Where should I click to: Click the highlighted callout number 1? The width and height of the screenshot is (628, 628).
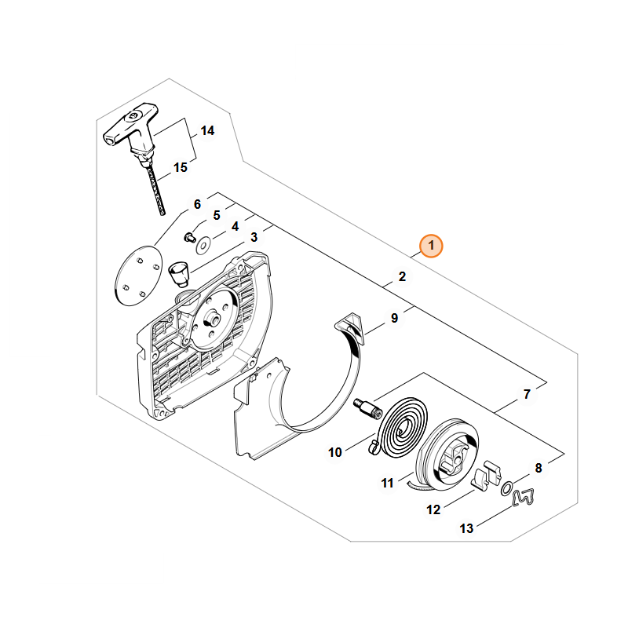[431, 246]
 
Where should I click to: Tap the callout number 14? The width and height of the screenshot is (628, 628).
[207, 130]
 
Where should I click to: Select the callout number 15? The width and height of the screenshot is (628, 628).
[181, 167]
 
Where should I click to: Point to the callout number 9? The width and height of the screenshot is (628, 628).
[395, 318]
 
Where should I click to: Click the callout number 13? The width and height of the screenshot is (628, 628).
[466, 528]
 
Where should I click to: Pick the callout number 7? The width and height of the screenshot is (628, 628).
[527, 394]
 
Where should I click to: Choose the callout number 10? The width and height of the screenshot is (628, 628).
[335, 452]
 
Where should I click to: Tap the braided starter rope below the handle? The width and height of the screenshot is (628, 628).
[155, 188]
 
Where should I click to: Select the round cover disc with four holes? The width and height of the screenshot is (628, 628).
[139, 276]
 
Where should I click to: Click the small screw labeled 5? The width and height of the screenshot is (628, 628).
[189, 237]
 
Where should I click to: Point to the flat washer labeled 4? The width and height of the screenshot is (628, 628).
[203, 245]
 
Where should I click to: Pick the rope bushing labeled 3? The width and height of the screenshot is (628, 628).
[179, 273]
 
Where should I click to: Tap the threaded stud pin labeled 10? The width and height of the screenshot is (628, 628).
[367, 408]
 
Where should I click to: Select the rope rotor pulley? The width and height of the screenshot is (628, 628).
[447, 454]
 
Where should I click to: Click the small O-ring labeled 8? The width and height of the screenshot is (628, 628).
[506, 488]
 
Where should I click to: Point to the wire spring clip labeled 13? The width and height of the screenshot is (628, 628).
[523, 498]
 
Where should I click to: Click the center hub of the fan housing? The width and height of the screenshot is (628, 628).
[212, 319]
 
